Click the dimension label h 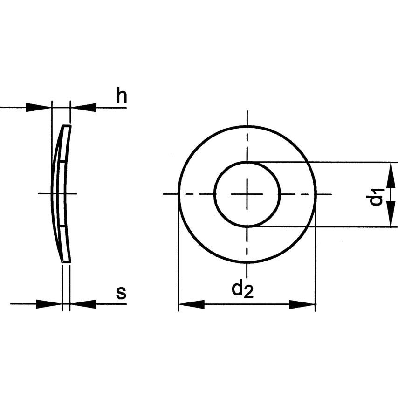point(122,95)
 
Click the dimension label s point(121,293)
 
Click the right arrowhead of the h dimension point(83,107)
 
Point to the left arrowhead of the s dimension point(49,304)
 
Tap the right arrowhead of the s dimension point(83,304)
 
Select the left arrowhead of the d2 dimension point(192,304)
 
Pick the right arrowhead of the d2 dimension point(302,304)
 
